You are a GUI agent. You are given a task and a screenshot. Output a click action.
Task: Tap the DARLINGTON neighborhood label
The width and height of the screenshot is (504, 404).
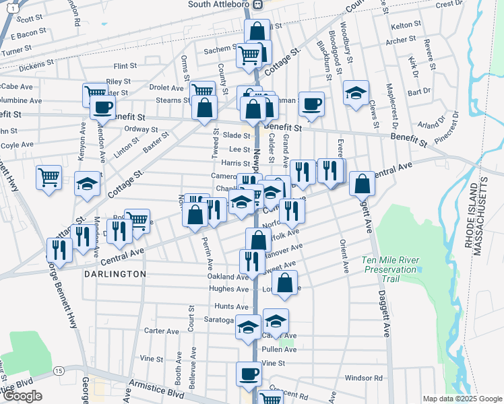click(115, 274)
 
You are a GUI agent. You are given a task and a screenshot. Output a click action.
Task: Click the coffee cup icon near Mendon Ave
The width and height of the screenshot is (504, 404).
click(103, 107)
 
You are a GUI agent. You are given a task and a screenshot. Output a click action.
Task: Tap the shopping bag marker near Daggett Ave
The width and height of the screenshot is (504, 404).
click(363, 182)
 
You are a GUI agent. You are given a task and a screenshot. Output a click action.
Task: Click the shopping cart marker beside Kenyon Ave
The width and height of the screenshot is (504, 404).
click(49, 178)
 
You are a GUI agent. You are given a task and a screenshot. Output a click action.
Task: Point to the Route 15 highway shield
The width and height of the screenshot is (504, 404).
click(59, 371)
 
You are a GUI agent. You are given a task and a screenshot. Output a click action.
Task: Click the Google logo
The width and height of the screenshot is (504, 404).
click(22, 396)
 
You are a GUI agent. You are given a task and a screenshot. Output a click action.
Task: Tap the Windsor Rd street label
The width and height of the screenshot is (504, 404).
click(363, 378)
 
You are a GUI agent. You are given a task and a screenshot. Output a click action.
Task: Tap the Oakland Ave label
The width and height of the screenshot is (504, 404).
click(228, 277)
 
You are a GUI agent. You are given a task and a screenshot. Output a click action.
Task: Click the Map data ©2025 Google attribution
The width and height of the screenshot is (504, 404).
click(462, 399)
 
